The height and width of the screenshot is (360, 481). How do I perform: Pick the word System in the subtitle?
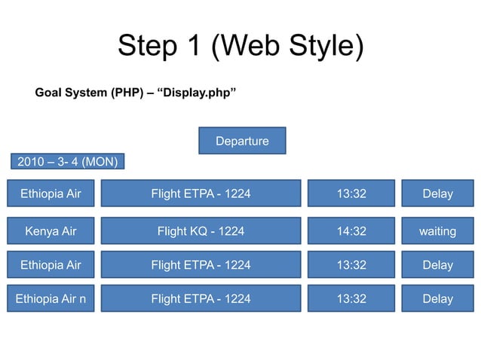[87, 93]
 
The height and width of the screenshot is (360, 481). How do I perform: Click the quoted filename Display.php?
[197, 93]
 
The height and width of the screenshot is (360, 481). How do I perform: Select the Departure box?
[242, 141]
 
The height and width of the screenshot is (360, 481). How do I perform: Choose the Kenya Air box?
[51, 231]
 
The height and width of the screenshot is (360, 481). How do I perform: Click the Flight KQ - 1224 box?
[201, 231]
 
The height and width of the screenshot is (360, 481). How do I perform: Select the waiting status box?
[437, 231]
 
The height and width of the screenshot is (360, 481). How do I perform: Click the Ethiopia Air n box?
[51, 299]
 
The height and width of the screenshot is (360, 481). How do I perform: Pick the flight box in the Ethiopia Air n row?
[201, 299]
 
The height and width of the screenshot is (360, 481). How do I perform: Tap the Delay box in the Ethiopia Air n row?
[437, 299]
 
